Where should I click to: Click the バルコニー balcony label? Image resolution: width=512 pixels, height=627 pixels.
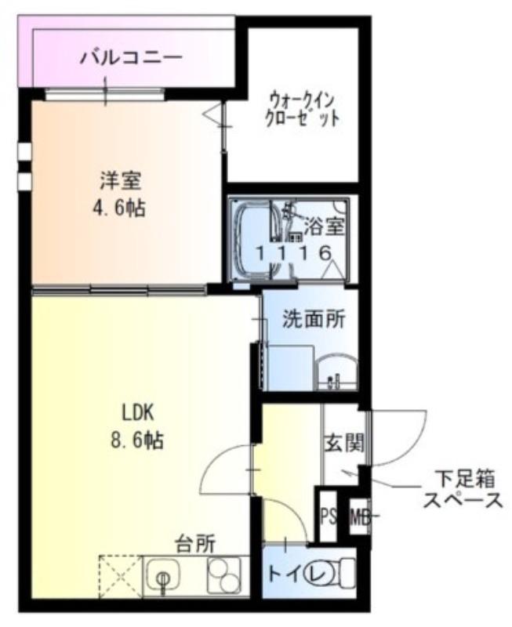[131, 57]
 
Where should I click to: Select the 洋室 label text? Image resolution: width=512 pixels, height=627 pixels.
[120, 180]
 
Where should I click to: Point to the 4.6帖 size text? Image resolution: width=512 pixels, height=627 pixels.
[120, 209]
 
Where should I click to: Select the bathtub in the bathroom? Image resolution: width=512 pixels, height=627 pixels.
[252, 238]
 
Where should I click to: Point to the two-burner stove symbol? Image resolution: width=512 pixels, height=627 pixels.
[225, 578]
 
